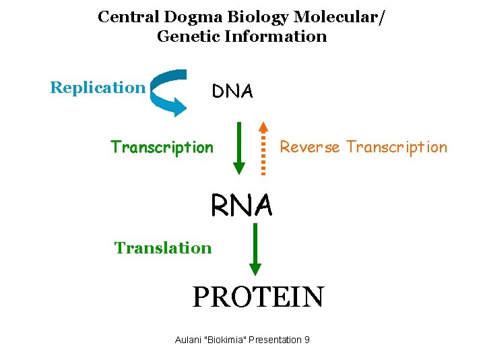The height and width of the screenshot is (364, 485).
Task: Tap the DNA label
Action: [x=232, y=92]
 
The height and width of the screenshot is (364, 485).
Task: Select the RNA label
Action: [x=242, y=206]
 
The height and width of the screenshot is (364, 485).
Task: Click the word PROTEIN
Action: [x=258, y=297]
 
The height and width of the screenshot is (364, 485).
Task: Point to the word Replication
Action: [x=98, y=88]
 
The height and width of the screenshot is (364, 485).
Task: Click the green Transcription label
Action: [x=162, y=147]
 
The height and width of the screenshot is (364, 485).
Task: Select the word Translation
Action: [x=163, y=248]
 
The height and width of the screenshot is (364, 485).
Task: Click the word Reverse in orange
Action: [x=310, y=147]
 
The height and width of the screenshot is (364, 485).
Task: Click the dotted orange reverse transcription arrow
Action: [x=264, y=148]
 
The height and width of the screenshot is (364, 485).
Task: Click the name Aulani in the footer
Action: [x=190, y=340]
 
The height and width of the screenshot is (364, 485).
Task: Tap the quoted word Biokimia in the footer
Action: [x=226, y=340]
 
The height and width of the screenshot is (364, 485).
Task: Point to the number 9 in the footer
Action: [x=306, y=340]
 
